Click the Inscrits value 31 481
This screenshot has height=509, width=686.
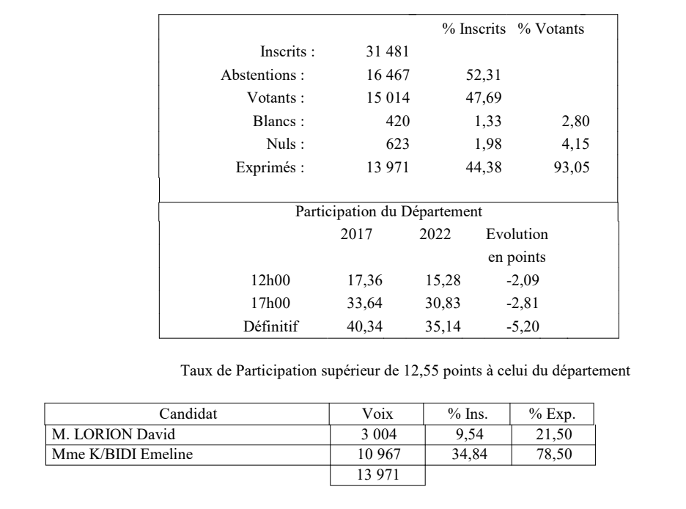click(x=387, y=52)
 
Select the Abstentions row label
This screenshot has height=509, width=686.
click(x=262, y=75)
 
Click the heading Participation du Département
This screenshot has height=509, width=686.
click(x=388, y=212)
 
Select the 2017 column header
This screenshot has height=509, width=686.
click(x=361, y=235)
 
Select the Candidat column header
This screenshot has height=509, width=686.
click(x=188, y=414)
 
